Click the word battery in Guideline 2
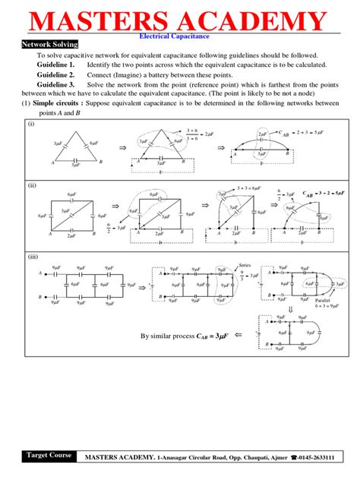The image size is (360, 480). (166, 75)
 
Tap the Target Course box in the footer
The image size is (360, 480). (49, 456)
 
